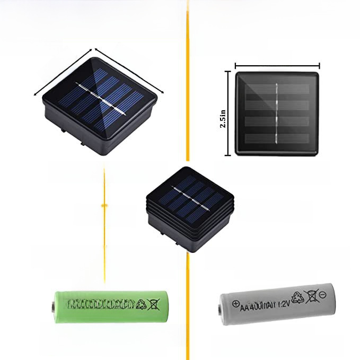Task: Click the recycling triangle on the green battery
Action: tap(142, 304)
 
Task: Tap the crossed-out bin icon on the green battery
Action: tap(154, 304)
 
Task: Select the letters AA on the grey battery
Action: tap(245, 308)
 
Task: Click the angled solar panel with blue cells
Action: tap(108, 99)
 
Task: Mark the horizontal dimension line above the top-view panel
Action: tap(277, 66)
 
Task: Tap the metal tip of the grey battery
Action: tap(221, 307)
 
